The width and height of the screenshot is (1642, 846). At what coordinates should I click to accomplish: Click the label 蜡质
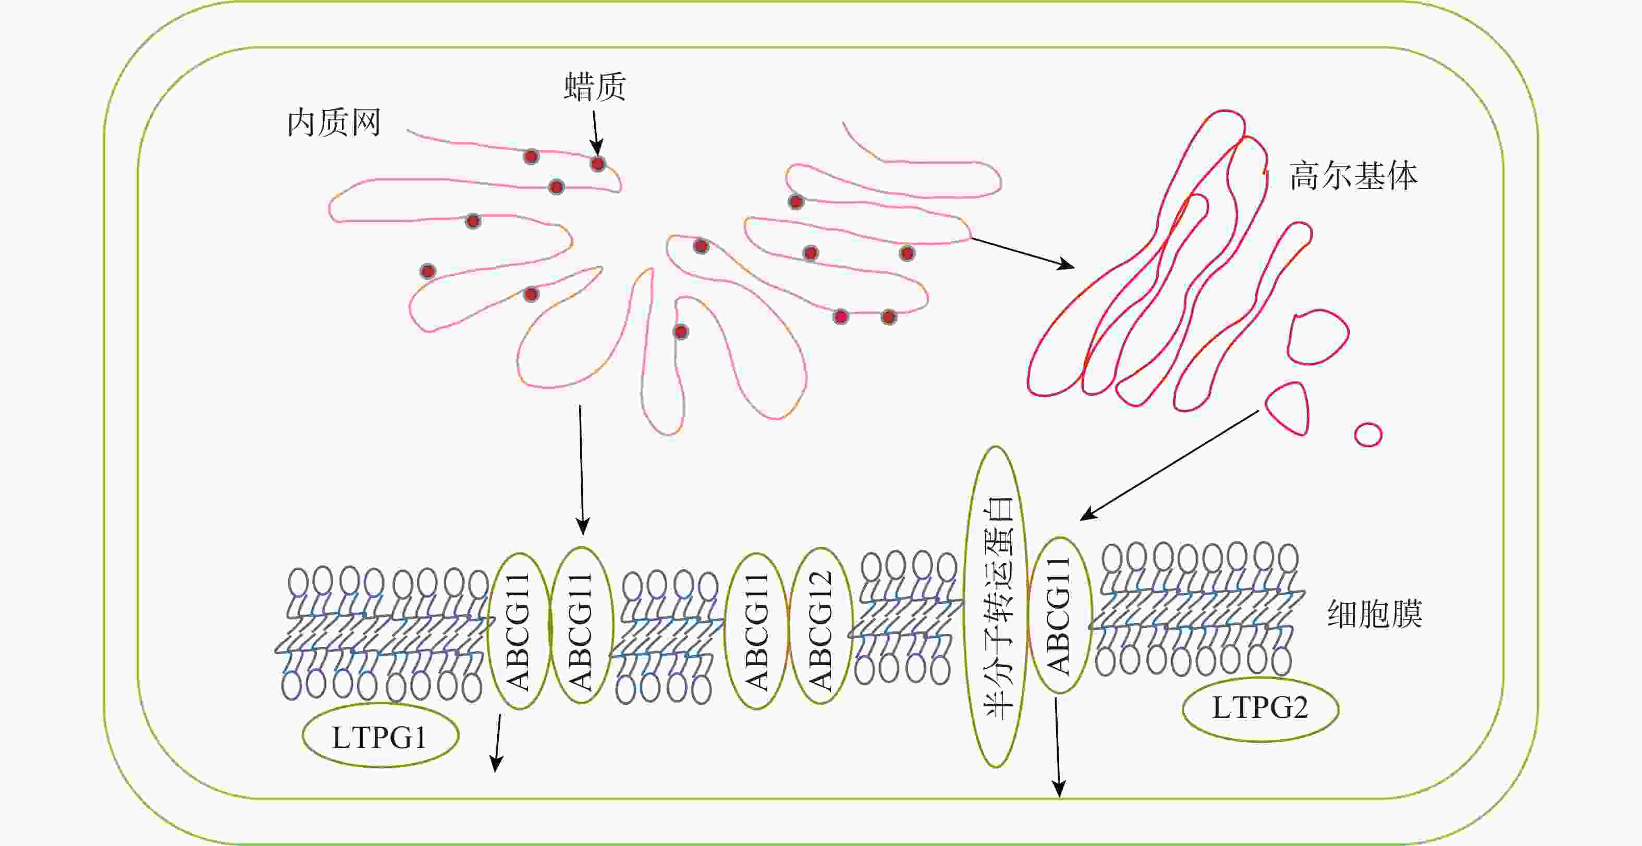coord(595,88)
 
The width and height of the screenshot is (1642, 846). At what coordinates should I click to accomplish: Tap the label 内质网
coord(334,122)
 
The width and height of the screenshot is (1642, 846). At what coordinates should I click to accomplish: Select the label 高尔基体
coord(1353,176)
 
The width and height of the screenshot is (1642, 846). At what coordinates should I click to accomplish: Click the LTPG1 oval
coord(381,737)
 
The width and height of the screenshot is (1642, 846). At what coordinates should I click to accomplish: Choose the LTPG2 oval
coord(1259,708)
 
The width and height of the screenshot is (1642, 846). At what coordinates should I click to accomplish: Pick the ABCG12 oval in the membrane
coord(820,627)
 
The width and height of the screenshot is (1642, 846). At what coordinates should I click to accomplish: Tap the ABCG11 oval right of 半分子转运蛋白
coord(1059,616)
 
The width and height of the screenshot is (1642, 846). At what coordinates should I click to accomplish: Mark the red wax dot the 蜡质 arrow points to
coord(597,164)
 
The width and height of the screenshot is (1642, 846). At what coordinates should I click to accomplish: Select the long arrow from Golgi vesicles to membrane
coord(1170,465)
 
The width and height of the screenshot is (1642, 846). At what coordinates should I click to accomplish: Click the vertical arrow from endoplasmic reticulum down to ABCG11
coord(581,469)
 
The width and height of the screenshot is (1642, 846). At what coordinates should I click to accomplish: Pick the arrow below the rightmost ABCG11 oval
coord(1058,747)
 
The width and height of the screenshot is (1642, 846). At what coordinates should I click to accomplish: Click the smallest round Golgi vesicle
coord(1368,435)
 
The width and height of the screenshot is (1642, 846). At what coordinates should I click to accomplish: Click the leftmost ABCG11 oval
coord(519,631)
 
